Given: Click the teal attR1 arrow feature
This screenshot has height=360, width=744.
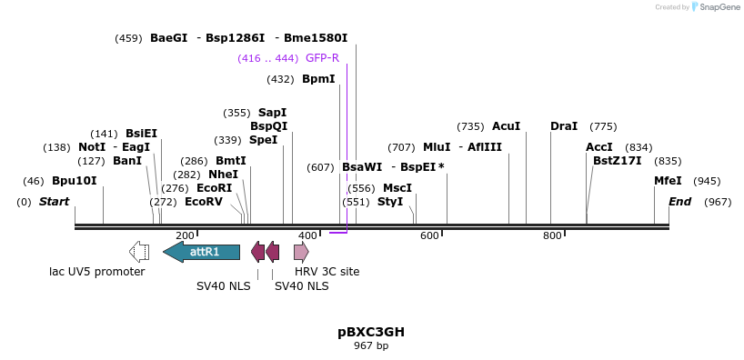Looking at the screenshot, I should (202, 252).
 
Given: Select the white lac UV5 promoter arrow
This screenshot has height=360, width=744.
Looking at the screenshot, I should (139, 252).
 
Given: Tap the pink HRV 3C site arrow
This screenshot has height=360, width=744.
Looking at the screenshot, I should (301, 252).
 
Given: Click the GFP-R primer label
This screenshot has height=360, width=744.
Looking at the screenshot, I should (322, 57).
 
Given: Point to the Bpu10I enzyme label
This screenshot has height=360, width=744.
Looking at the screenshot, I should (74, 181).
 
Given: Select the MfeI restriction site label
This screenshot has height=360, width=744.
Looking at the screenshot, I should (668, 181).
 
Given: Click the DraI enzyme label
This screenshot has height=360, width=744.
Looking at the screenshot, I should (564, 126).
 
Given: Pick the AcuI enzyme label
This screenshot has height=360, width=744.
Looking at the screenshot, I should (506, 126).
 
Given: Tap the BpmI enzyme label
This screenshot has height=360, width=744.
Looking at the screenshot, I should (318, 79).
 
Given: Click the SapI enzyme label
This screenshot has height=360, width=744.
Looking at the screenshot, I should (272, 113).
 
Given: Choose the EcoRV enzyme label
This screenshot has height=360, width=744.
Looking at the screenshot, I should (203, 202).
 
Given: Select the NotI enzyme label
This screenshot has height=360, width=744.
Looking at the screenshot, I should (92, 147).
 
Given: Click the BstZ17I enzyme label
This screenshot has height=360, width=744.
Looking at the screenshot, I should (617, 161).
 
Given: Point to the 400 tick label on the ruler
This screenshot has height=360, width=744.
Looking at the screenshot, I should (307, 235).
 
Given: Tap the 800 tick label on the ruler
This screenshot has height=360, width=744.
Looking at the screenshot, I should (552, 235).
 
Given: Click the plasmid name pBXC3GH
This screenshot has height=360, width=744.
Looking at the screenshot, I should (371, 332).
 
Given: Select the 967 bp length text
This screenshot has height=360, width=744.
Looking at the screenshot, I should (371, 345).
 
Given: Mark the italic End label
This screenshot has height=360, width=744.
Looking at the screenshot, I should (679, 202).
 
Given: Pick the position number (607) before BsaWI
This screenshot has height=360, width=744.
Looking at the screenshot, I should (320, 167).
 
